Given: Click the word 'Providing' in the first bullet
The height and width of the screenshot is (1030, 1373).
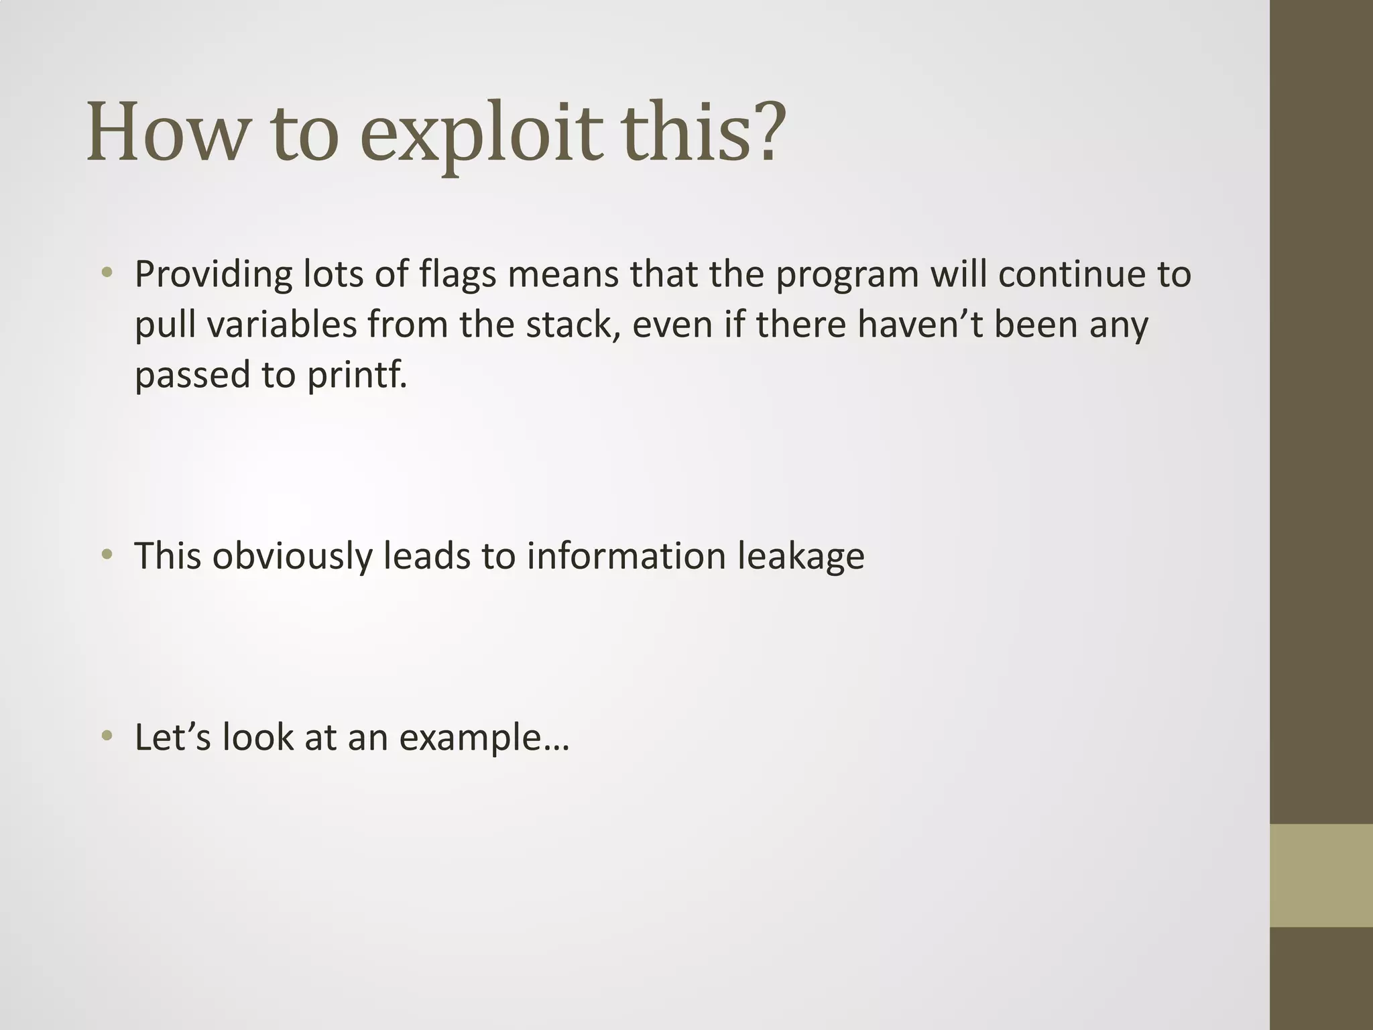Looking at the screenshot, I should coord(214,275).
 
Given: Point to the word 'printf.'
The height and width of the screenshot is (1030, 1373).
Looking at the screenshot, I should coord(357,374).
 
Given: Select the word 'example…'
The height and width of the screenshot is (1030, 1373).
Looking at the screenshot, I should coord(484,738).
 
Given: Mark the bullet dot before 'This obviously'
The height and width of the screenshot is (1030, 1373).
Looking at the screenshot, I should coord(107,555).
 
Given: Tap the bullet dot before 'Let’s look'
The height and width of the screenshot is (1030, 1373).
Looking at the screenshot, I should coord(107,736).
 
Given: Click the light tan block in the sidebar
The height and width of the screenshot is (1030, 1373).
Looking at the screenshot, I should coord(1321,875).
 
